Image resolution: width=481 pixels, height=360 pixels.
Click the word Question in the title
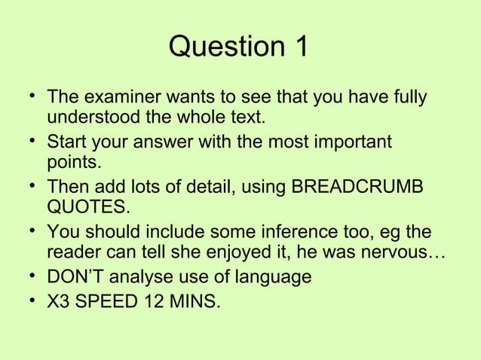click(222, 47)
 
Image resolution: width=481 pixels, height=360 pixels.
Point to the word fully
click(406, 98)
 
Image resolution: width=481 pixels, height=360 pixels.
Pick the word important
click(351, 142)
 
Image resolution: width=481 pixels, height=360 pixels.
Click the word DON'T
click(78, 276)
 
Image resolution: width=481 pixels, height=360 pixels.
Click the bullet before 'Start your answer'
click(28, 141)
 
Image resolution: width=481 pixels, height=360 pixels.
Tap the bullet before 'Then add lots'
click(28, 185)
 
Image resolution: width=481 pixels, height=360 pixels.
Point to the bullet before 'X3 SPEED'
click(28, 302)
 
